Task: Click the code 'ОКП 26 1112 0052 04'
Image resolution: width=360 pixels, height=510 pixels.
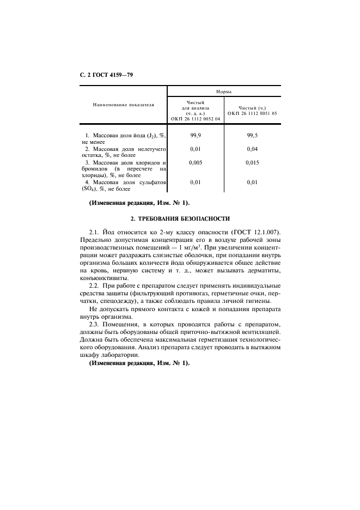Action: pyautogui.click(x=195, y=118)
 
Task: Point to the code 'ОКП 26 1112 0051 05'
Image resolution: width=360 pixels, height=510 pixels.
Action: pyautogui.click(x=252, y=113)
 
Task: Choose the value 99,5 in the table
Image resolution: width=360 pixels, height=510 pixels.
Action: pyautogui.click(x=252, y=134)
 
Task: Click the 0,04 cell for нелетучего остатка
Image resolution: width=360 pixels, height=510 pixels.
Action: pyautogui.click(x=252, y=148)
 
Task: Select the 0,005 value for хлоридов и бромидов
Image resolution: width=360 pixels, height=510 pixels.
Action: pyautogui.click(x=196, y=162)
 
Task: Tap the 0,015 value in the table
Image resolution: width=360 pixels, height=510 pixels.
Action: pyautogui.click(x=252, y=162)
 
